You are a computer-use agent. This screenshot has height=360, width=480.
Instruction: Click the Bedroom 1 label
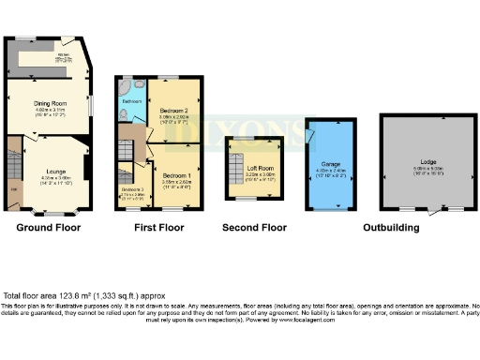176,175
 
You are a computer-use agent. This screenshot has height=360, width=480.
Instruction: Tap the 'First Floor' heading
159,227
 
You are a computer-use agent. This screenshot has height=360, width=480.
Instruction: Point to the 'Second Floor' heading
254,227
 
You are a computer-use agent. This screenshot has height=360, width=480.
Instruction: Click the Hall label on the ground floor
13,191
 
